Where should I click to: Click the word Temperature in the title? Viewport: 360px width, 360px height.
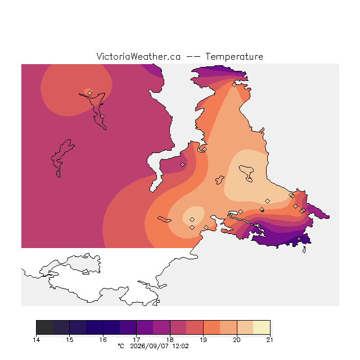point(234,56)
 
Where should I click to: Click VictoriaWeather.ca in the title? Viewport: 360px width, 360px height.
point(138,56)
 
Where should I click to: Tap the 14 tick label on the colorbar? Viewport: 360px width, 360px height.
point(36,340)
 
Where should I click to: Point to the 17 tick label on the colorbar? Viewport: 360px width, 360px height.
point(136,340)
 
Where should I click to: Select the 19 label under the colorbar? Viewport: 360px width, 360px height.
point(203,340)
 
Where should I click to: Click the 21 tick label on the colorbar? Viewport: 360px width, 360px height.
point(270,340)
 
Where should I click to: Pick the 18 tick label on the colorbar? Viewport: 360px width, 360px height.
point(170,340)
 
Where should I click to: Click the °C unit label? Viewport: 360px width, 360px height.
point(121,346)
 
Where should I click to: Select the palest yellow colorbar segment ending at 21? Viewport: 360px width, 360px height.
point(262,327)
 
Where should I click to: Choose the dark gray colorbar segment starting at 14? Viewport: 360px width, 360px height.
point(44,327)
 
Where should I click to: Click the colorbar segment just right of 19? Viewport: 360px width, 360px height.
point(211,327)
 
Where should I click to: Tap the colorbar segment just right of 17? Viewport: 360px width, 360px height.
point(145,327)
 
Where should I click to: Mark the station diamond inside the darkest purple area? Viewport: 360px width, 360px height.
point(299,238)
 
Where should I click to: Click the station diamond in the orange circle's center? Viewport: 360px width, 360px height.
point(90,93)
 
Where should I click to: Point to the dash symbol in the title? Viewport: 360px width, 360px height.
point(193,57)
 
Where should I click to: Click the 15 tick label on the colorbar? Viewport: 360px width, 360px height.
point(70,340)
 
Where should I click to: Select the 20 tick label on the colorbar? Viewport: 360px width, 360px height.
point(237,340)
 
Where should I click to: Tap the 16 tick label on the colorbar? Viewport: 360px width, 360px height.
point(103,340)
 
